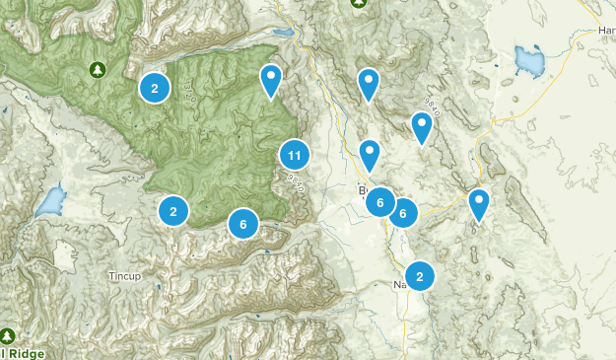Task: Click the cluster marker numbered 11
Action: click(294, 155)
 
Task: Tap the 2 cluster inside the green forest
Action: click(154, 88)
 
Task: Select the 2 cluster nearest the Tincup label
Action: click(172, 210)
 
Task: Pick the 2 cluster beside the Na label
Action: click(420, 276)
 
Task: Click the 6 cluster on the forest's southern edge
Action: click(242, 224)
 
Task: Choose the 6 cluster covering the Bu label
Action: click(380, 202)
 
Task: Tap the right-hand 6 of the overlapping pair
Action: click(403, 212)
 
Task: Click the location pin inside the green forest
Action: click(271, 79)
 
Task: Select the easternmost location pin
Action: click(478, 203)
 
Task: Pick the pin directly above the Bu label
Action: click(370, 154)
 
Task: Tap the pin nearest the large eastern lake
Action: click(422, 126)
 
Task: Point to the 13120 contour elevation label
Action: click(185, 93)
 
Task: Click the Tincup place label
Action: click(124, 275)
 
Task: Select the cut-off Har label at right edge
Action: click(605, 31)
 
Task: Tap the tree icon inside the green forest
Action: click(97, 69)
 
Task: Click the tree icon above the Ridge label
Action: click(8, 336)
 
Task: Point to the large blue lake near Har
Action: click(529, 61)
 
